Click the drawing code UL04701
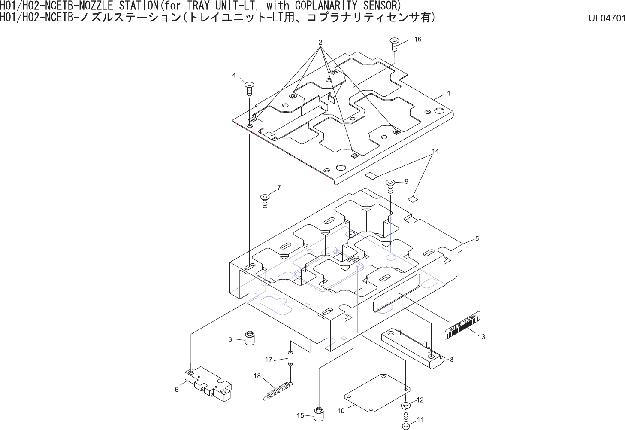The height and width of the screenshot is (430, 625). point(607,18)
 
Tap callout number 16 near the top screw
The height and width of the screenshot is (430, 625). point(418,39)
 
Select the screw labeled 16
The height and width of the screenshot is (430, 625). point(395,44)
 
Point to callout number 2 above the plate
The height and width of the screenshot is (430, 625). point(320,42)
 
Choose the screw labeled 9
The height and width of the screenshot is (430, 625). point(390,186)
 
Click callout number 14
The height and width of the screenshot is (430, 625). point(435,151)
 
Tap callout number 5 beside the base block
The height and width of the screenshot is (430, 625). point(477,238)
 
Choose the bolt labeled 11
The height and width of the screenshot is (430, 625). point(406,420)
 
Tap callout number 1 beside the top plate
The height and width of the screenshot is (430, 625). point(448,93)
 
